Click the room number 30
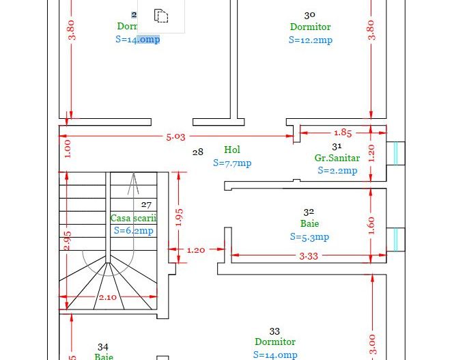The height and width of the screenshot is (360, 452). tap(309, 14)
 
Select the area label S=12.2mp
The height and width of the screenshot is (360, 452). tap(310, 40)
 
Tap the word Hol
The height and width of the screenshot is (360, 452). tap(232, 150)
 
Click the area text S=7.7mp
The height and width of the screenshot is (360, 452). tap(232, 163)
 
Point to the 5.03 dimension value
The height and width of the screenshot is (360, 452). tap(175, 137)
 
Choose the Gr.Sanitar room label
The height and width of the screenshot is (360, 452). tap(337, 158)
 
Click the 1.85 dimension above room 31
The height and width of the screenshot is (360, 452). tap(343, 133)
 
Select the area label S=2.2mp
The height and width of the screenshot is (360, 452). tap(337, 170)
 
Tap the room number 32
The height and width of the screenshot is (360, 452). tap(309, 212)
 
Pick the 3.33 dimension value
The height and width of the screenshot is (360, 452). tap(309, 255)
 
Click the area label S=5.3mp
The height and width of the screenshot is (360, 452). tap(309, 237)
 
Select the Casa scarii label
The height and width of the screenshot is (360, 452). tap(133, 218)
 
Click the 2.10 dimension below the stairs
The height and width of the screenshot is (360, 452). tap(107, 297)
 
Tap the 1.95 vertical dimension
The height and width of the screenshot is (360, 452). tap(179, 217)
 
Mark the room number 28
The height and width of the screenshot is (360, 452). tap(197, 152)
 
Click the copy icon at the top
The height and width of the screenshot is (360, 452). tap(160, 15)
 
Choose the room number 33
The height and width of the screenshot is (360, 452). tap(274, 331)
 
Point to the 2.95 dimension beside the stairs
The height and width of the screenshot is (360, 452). tap(67, 240)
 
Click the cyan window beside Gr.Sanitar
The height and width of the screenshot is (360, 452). tap(395, 153)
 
